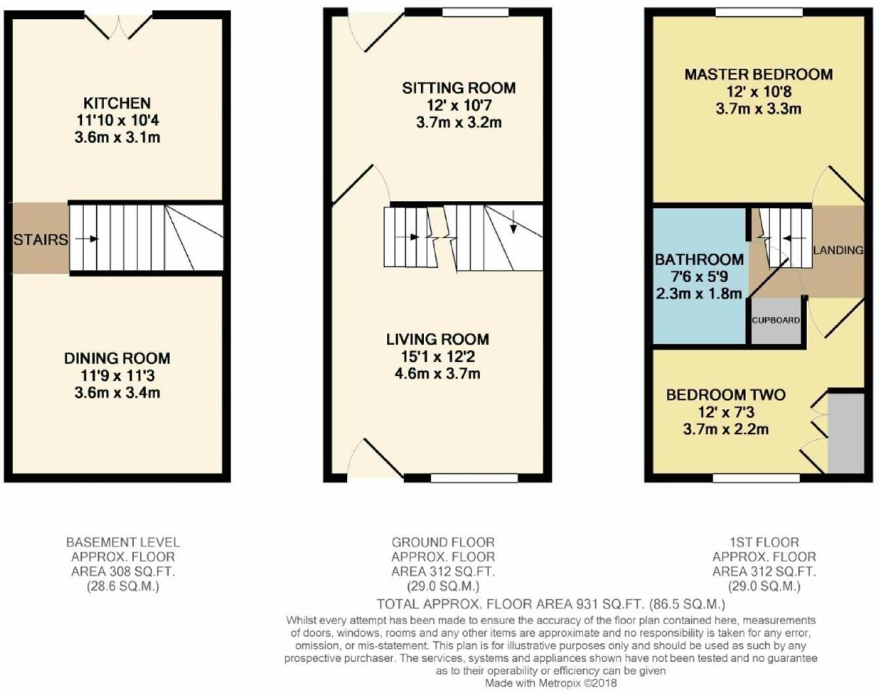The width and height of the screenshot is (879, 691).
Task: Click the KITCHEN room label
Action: (x=117, y=103)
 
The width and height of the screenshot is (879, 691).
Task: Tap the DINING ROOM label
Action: (x=117, y=359)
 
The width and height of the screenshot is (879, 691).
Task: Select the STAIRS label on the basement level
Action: (x=41, y=239)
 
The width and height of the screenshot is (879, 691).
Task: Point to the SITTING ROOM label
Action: (x=458, y=88)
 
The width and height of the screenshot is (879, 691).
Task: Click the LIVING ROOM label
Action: (x=437, y=340)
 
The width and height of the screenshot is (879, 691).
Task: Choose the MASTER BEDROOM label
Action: (x=759, y=75)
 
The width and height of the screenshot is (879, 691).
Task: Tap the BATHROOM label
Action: (x=699, y=260)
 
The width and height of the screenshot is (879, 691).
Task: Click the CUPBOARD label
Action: (x=776, y=321)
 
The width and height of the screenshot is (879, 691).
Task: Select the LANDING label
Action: (x=838, y=250)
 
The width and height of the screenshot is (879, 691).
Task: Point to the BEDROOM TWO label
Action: (x=726, y=395)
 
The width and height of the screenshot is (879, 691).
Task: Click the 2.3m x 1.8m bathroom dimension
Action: (x=699, y=294)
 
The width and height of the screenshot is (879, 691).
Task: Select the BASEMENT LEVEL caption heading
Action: (x=123, y=542)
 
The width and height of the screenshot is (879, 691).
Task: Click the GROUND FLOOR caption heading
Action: (x=443, y=542)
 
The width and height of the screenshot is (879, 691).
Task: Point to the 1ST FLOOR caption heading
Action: (x=764, y=542)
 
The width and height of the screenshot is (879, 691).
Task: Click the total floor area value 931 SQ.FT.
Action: (x=607, y=604)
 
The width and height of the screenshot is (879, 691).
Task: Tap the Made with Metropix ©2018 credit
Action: (x=550, y=683)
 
